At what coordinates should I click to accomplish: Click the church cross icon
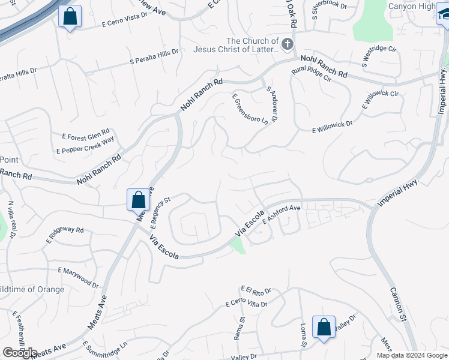[x=288, y=44]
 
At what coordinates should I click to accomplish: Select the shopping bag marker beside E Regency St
[x=138, y=200]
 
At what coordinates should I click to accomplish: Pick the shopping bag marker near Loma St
[x=324, y=328]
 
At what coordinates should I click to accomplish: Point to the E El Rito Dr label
[x=256, y=291]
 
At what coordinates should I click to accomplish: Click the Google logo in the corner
[x=20, y=353]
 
